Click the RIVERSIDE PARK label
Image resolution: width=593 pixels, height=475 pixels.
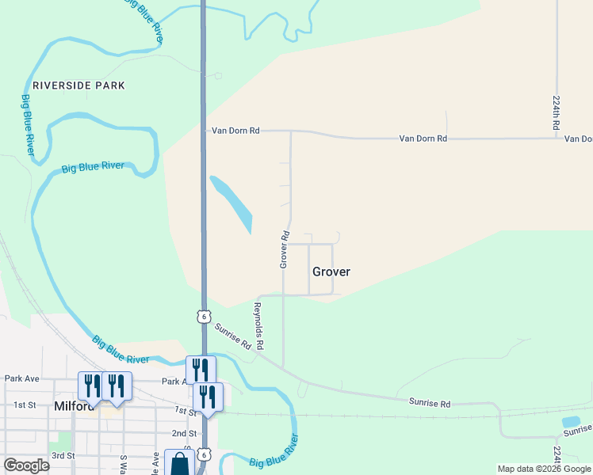click(x=78, y=85)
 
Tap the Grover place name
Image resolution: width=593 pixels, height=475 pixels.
click(x=331, y=272)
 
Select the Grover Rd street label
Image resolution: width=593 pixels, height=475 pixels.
click(x=284, y=249)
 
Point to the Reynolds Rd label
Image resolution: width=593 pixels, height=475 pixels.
click(x=258, y=326)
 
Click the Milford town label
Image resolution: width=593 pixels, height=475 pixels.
click(x=75, y=406)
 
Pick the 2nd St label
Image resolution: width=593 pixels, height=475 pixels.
click(x=184, y=433)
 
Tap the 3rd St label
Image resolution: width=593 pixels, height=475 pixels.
click(x=63, y=456)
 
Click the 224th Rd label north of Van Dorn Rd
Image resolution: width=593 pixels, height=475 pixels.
click(x=557, y=113)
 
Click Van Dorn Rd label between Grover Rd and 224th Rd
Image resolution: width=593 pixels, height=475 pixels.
click(x=423, y=138)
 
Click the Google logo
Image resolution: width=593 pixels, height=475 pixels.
click(x=26, y=465)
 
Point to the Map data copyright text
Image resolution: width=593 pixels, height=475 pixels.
click(x=543, y=469)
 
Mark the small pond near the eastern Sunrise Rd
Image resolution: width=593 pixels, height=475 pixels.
click(x=571, y=422)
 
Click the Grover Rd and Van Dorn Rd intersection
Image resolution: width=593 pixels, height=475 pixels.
click(x=291, y=132)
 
